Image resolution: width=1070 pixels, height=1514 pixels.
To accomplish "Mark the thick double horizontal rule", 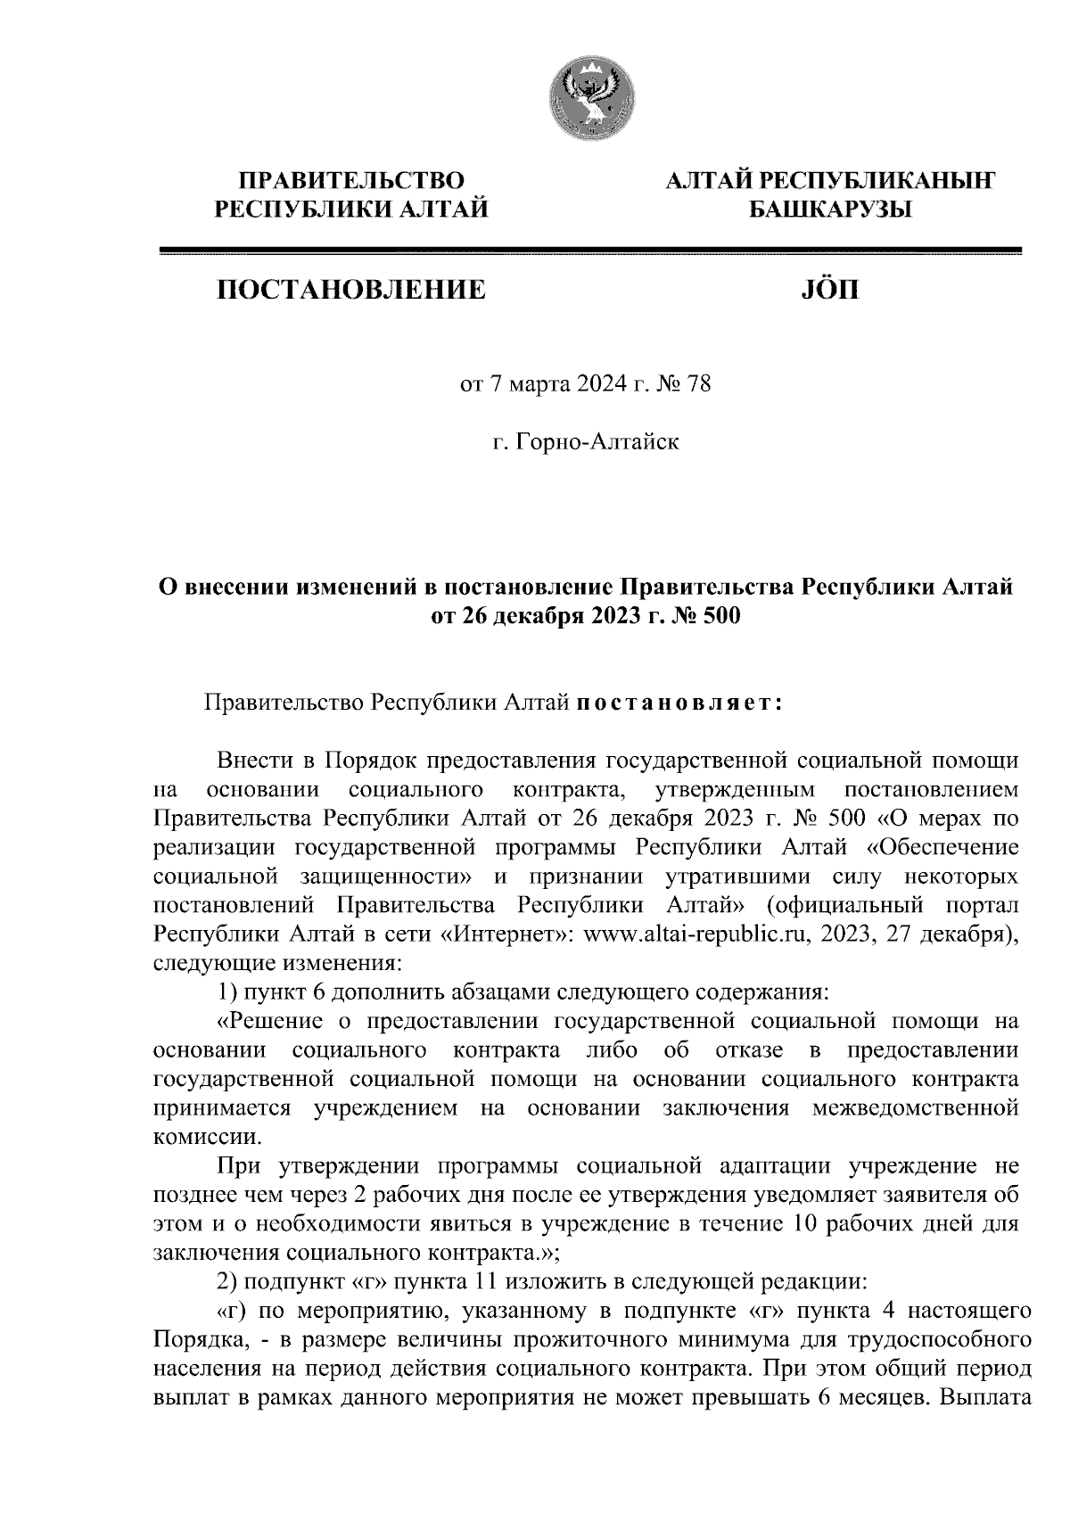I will [x=588, y=251].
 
